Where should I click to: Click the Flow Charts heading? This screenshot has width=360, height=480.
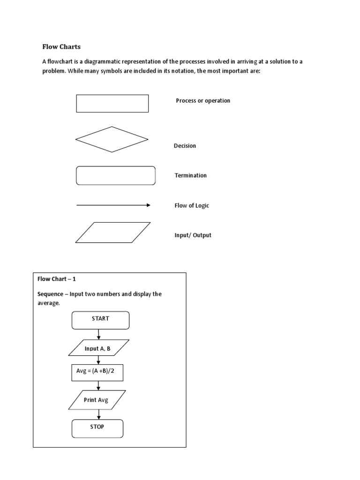pos(61,46)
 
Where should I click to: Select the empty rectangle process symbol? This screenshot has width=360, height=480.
pos(112,104)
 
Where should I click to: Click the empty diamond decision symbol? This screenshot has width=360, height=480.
pos(112,139)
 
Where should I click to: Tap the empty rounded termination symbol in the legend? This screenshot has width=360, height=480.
pos(115,176)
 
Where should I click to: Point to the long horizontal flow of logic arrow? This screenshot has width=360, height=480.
pos(112,205)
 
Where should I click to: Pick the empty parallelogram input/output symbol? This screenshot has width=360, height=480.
pos(113,232)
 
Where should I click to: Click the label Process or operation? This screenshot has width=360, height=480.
pos(203,101)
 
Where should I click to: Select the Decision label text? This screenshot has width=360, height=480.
pos(185,146)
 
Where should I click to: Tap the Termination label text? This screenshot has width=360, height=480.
pos(190,175)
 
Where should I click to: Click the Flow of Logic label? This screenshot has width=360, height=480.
pos(191,205)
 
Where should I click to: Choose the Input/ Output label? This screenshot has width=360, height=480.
pos(193,235)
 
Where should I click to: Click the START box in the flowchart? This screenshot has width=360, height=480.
pos(100,320)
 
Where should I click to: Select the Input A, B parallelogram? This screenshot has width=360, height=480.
pos(98,349)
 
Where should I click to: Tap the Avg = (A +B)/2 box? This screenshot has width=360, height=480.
pos(97,372)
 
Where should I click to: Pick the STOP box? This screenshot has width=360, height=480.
pos(97,428)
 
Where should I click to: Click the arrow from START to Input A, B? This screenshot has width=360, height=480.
pos(98,334)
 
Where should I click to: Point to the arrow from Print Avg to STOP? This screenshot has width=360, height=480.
pos(98,414)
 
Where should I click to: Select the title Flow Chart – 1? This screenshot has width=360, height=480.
pos(57,279)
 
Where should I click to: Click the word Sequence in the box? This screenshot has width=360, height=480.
pos(52,294)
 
